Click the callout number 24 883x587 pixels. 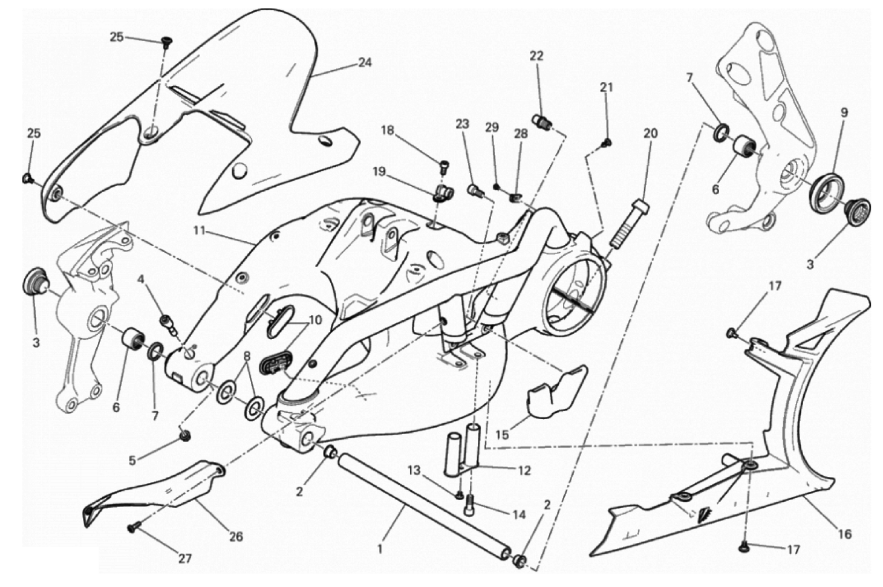(365, 63)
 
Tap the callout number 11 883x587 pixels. (200, 230)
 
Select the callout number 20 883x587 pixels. (650, 134)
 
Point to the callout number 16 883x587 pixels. (844, 534)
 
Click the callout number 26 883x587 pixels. (236, 537)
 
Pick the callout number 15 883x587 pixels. (502, 435)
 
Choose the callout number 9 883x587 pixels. (844, 113)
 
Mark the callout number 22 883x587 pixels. (536, 56)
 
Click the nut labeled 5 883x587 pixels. (184, 435)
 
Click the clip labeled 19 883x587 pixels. (444, 193)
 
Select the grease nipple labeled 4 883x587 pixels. (168, 325)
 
